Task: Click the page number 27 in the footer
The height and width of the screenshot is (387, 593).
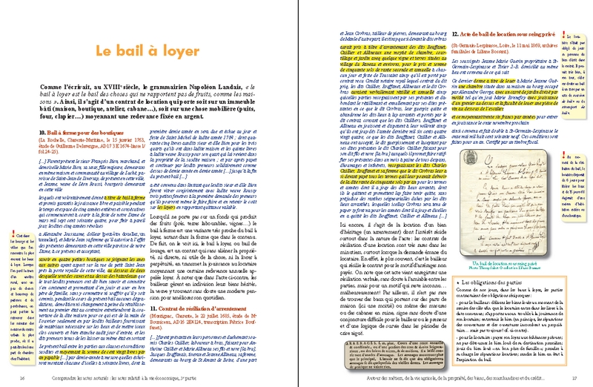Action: tap(571, 378)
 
